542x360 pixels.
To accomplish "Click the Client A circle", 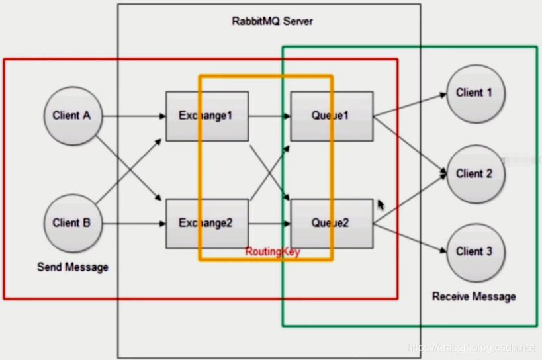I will (71, 116).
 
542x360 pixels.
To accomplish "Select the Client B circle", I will (71, 223).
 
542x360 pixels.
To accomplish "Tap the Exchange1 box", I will (206, 116).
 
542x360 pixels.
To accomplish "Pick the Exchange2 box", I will (206, 223).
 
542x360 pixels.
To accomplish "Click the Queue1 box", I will (330, 116).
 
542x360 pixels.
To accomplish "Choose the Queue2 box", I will (330, 223).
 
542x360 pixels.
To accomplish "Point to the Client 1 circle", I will (474, 93).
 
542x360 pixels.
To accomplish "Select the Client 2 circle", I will (474, 174).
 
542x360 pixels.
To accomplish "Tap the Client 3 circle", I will (474, 252).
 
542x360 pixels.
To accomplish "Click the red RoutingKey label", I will (273, 252).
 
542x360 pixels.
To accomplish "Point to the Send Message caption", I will (73, 267).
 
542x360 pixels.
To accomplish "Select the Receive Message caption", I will (474, 296).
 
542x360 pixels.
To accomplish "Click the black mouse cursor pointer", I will (381, 204).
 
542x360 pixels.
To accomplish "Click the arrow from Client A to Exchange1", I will (132, 116).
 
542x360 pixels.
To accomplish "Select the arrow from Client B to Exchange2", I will (132, 224).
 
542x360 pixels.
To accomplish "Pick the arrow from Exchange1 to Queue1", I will (268, 116).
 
